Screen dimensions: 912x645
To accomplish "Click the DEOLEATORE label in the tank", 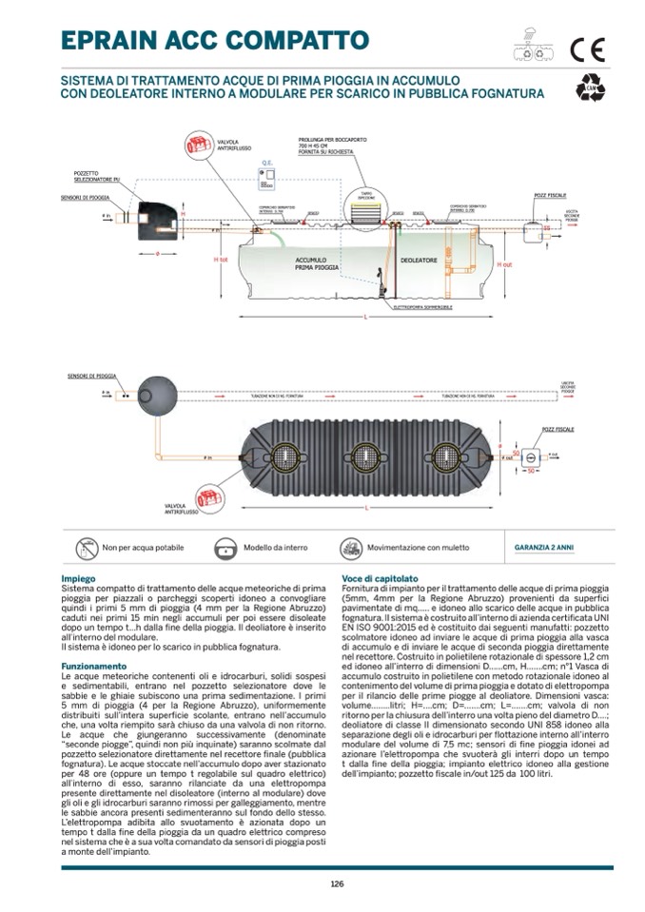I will tap(418, 259).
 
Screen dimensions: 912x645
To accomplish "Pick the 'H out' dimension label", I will tap(506, 263).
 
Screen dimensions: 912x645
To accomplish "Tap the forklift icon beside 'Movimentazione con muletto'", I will tap(350, 548).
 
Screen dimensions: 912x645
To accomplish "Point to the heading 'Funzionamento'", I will tap(93, 666).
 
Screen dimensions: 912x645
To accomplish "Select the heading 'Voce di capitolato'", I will tap(380, 578).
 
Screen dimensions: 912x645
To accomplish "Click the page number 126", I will tap(337, 883).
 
